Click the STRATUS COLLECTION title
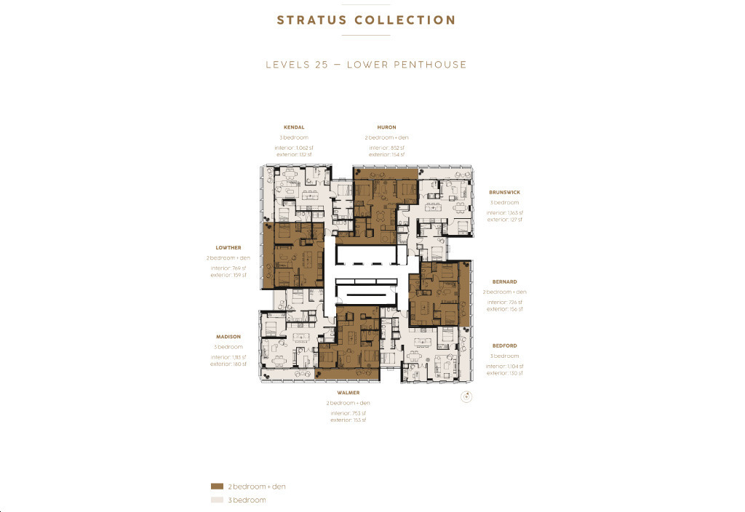(x=366, y=20)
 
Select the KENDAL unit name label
(x=294, y=127)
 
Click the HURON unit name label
(x=386, y=127)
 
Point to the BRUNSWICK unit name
(x=504, y=193)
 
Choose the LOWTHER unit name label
(x=228, y=248)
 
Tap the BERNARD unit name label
(x=504, y=281)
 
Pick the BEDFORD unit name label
(x=504, y=345)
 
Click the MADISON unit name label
(x=228, y=337)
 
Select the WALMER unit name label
(x=348, y=393)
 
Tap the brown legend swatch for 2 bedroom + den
(x=216, y=486)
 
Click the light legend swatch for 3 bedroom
(x=216, y=500)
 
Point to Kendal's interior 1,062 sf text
(x=294, y=148)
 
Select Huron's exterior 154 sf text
(x=386, y=154)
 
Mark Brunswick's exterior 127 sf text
(x=504, y=219)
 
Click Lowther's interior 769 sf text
(x=228, y=268)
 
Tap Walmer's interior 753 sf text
(x=348, y=413)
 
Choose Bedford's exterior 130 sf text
(x=504, y=373)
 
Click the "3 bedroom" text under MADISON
(x=228, y=347)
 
